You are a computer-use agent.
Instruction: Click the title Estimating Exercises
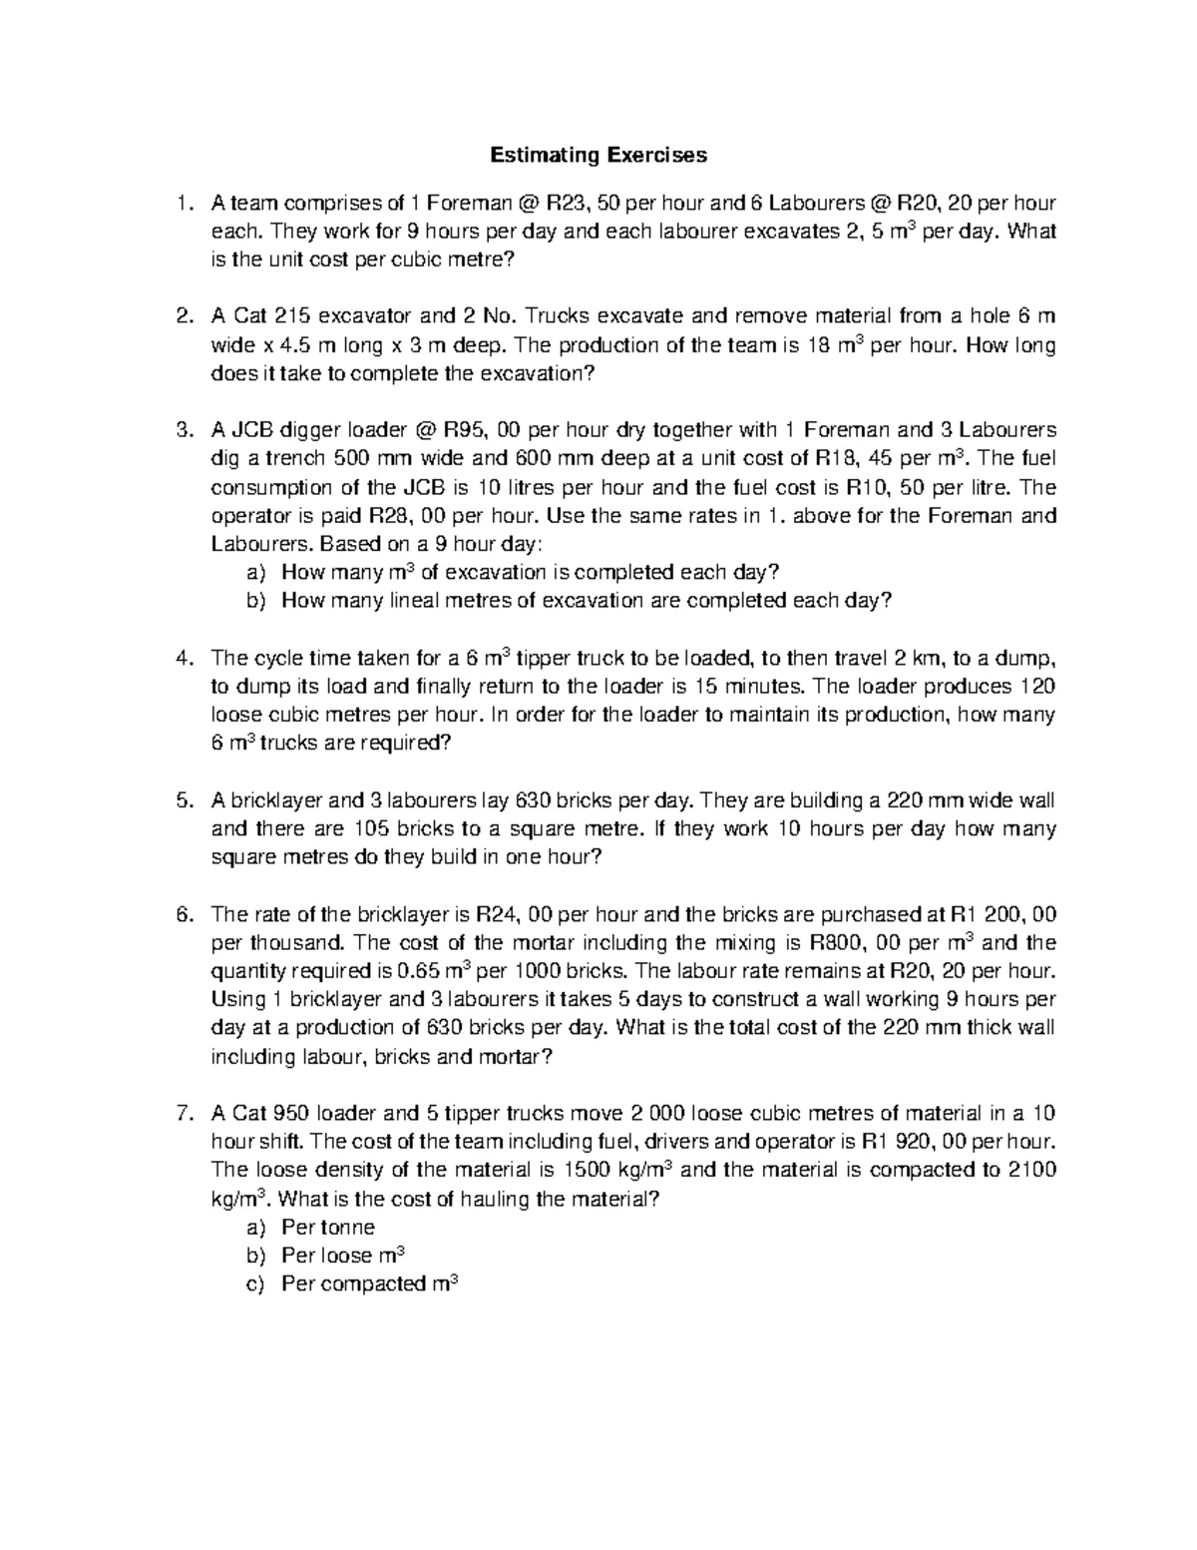598,155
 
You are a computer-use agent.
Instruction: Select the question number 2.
182,317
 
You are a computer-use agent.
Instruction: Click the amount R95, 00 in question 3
481,431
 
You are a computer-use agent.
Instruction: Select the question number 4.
182,659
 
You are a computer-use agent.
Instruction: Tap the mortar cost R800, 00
851,943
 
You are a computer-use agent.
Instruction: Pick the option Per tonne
328,1228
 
